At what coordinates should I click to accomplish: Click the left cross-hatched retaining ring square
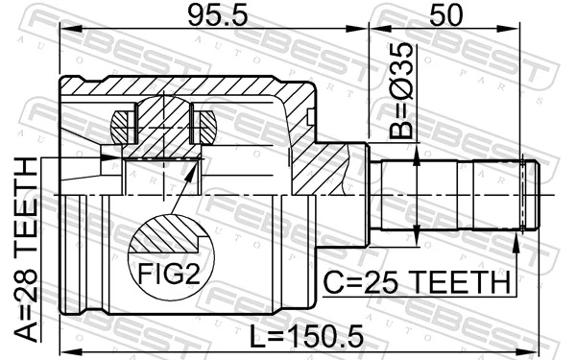121,124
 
